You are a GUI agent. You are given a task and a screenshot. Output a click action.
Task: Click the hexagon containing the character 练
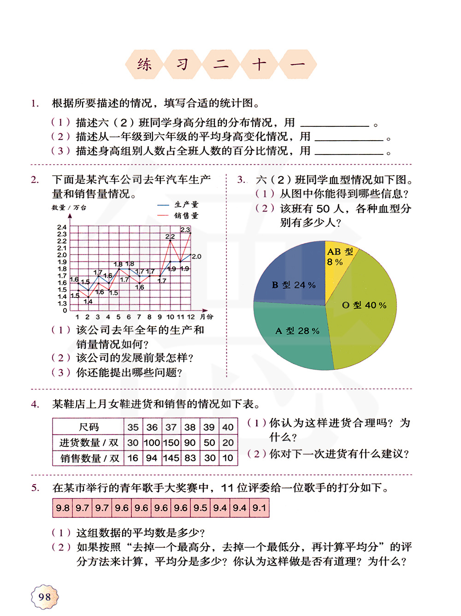(x=144, y=64)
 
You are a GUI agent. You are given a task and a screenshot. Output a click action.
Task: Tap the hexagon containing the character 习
(x=183, y=64)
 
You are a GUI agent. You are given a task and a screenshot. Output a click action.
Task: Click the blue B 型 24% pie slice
(x=293, y=277)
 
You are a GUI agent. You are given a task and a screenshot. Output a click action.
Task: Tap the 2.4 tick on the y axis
(x=62, y=227)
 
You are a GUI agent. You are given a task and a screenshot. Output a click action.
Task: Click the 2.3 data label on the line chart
(x=185, y=230)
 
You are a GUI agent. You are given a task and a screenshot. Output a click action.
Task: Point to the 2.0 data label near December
(x=196, y=256)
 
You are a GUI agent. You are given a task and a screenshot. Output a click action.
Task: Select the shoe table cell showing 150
(x=171, y=443)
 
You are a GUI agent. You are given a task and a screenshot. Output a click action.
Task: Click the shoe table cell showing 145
(x=171, y=458)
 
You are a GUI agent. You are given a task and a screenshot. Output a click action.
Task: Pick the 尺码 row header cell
(x=89, y=427)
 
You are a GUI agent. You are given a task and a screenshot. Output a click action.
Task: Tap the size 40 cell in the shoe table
(x=228, y=427)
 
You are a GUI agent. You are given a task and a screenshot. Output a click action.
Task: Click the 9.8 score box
(x=63, y=508)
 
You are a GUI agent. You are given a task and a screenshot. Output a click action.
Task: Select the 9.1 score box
(x=259, y=508)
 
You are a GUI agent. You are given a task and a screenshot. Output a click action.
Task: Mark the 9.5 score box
(x=200, y=508)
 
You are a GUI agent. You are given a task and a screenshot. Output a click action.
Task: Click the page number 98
(x=45, y=597)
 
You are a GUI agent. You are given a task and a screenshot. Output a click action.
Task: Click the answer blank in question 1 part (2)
(x=349, y=137)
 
